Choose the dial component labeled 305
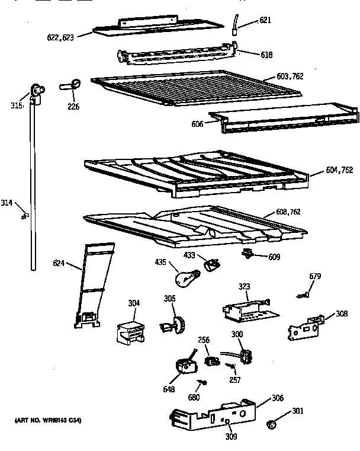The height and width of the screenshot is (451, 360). tap(174, 325)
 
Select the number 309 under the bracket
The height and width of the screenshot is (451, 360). tap(230, 437)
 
